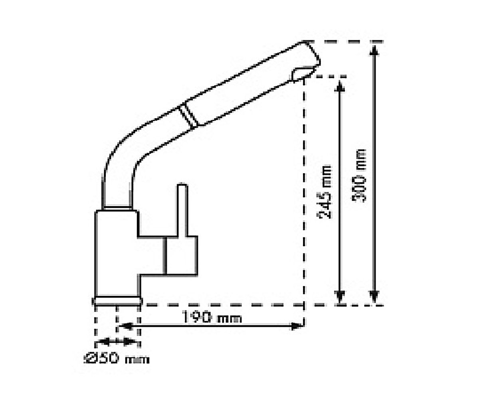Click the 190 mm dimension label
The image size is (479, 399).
212,317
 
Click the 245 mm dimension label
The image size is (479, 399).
325,192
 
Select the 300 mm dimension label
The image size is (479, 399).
358,176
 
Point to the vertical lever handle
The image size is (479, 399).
182,210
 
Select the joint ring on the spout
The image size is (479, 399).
188,115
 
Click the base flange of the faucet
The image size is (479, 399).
117,301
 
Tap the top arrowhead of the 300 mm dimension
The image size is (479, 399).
374,51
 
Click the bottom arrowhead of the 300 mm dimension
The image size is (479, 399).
374,296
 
